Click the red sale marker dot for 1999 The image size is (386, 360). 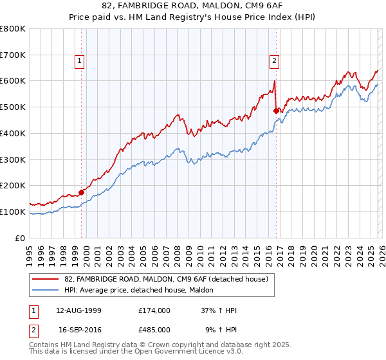[x=82, y=192]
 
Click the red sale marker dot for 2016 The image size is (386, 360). [x=276, y=111]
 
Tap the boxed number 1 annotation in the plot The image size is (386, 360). [x=79, y=61]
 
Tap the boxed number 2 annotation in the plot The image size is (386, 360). [x=274, y=61]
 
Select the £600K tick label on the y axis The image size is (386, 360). [x=13, y=81]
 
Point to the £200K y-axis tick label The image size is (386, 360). [x=13, y=185]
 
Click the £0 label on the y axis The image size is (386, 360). [x=21, y=238]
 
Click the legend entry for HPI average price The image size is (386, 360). [x=143, y=291]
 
